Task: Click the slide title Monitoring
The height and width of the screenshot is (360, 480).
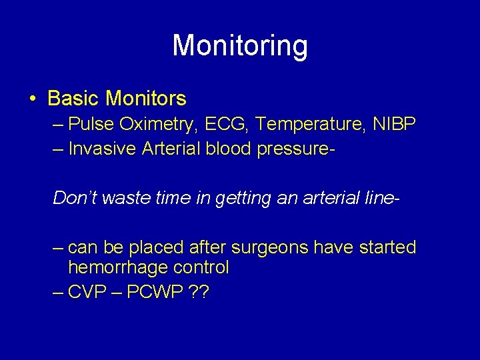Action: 240,46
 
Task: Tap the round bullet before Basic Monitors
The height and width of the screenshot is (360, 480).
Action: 33,100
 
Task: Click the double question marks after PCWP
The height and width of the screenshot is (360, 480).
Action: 199,293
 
